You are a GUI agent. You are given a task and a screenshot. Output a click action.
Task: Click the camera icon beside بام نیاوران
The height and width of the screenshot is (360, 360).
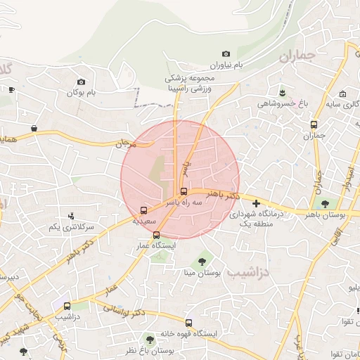point(226,54)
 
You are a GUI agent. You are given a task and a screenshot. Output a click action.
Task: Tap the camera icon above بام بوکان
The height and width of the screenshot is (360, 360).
point(81,82)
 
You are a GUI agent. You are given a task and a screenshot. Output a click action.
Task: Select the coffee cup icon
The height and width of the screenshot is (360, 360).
point(11,89)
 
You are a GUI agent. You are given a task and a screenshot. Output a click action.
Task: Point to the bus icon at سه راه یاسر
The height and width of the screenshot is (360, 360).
point(184,191)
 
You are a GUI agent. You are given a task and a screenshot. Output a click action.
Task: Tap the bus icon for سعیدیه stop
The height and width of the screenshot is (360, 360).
point(144,210)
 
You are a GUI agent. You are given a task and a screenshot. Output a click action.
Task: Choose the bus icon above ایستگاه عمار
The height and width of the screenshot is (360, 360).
point(156,236)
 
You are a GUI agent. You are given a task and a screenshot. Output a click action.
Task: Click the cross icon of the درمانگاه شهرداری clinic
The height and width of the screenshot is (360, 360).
point(256,203)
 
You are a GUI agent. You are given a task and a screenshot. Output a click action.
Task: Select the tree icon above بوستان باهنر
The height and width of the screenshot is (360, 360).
point(324,203)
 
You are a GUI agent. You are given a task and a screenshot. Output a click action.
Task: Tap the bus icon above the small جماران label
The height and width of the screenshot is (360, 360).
point(314,125)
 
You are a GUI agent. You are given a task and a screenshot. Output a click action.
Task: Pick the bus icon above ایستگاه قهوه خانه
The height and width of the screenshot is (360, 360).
point(160,323)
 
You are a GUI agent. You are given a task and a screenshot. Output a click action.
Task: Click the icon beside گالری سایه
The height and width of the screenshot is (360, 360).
point(342,95)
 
